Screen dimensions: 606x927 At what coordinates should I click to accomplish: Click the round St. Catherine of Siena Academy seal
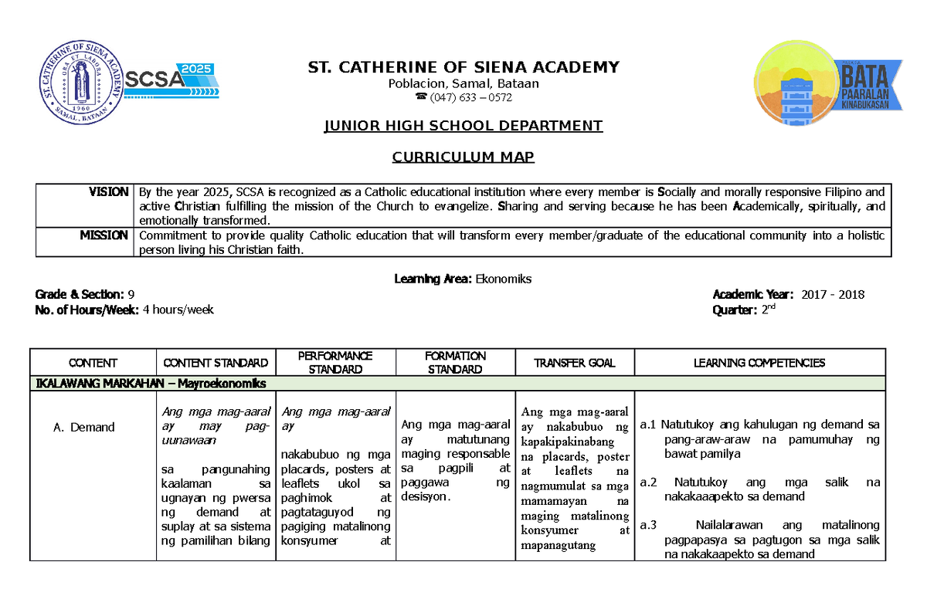point(78,81)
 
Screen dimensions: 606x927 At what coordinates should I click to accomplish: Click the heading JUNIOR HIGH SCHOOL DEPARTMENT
point(463,126)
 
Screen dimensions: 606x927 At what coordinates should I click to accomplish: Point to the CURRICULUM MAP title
point(463,157)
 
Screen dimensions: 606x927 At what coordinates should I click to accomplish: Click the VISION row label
point(107,191)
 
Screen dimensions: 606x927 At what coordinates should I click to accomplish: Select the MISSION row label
point(104,235)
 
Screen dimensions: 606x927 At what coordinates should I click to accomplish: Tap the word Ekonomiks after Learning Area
point(504,279)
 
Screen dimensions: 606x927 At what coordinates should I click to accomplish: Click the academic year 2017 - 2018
point(833,294)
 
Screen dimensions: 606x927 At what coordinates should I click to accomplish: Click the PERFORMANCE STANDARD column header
point(336,363)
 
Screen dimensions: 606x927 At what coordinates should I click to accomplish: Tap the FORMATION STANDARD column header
point(456,363)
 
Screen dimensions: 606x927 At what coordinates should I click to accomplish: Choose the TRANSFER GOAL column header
point(576,363)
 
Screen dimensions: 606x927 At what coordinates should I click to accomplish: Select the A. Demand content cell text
point(87,427)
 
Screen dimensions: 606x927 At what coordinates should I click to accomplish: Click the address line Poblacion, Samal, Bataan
point(463,83)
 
